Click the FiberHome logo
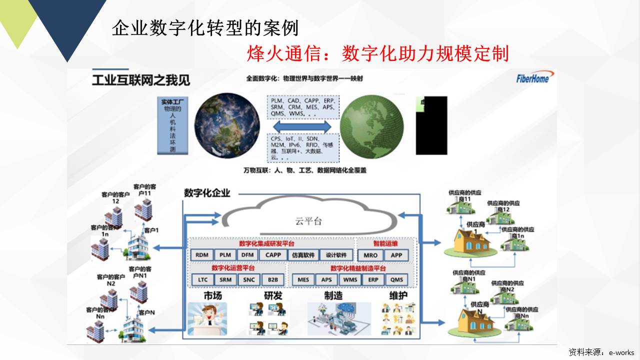click(533, 78)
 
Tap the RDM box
click(202, 255)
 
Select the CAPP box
click(273, 255)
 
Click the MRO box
click(370, 255)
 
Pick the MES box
click(303, 279)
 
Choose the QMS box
click(396, 279)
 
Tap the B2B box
click(273, 279)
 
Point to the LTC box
click(202, 279)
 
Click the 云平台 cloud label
click(308, 221)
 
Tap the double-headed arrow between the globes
click(302, 125)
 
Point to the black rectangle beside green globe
click(431, 125)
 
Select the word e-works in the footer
click(621, 352)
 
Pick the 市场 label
click(212, 295)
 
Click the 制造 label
click(333, 295)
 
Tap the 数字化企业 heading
click(207, 192)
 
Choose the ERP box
click(373, 279)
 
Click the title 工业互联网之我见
click(141, 80)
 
